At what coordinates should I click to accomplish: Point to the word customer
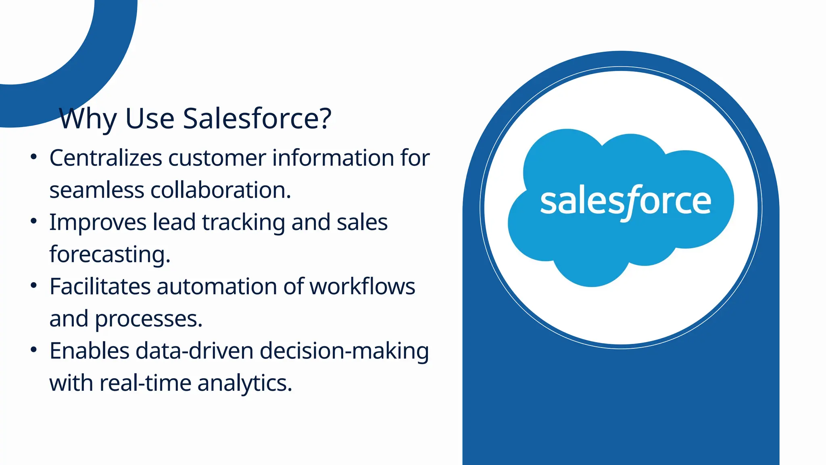tap(217, 158)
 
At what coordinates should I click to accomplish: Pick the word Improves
tap(98, 222)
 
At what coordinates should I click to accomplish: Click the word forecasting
tap(109, 255)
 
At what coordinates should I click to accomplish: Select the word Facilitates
tap(100, 287)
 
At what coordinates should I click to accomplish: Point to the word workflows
tap(362, 287)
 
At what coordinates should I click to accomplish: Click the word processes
tap(148, 319)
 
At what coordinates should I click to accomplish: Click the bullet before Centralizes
tap(34, 157)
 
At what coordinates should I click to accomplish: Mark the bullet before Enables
tap(34, 350)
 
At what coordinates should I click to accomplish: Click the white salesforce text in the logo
tap(625, 201)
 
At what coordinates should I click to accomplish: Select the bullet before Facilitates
tap(34, 285)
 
